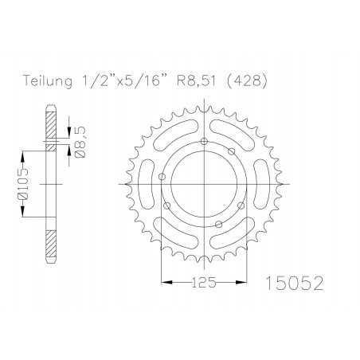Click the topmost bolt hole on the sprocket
[x=205, y=141]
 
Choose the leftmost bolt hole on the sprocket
[x=162, y=178]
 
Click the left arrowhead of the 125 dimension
[x=165, y=280]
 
